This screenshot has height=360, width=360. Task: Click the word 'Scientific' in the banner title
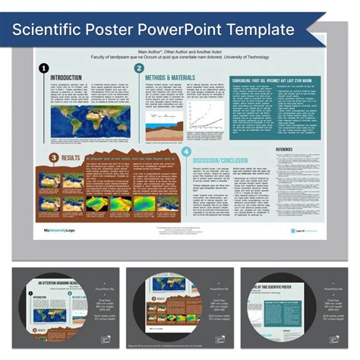pos(50,30)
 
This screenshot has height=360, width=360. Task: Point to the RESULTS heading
pos(71,157)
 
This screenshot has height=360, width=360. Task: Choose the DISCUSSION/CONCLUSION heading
pos(224,160)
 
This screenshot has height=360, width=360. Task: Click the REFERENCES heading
pos(289,150)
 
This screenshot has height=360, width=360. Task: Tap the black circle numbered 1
pos(43,68)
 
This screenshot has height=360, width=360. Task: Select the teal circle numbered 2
pos(139,68)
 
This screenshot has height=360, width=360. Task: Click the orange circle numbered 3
pos(54,157)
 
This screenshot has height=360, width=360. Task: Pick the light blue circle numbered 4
pos(186,153)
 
